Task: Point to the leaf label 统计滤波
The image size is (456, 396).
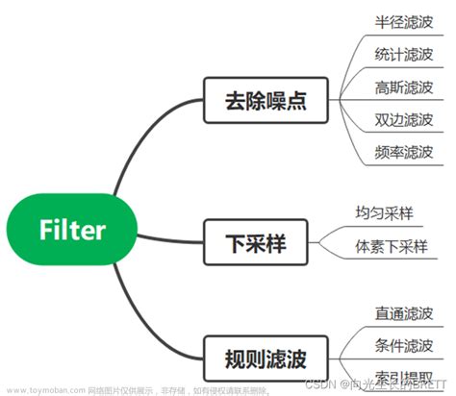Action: pos(403,54)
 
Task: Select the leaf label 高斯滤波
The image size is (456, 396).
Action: pos(403,87)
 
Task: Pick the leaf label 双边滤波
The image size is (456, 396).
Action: pos(403,119)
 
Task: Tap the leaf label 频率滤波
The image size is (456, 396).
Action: pos(403,152)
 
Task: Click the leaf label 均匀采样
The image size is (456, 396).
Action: pos(384,212)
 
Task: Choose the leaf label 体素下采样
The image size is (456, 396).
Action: pos(390,245)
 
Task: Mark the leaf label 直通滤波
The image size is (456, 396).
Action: pos(403,313)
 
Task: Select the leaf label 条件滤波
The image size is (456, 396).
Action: pos(403,346)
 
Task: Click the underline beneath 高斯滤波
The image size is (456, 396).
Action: pos(403,100)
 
